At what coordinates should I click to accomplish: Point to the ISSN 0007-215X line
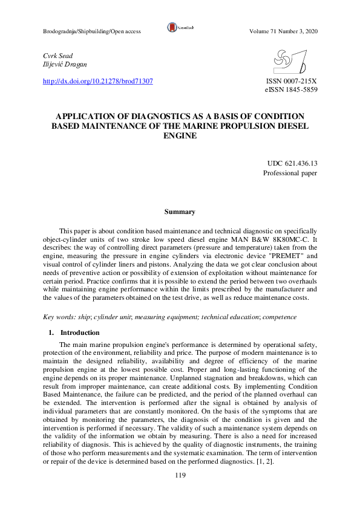(292, 80)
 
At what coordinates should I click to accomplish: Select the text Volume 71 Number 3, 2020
(283, 31)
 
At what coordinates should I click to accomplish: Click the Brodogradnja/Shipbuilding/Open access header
(92, 31)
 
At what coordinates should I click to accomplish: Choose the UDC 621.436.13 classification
(292, 164)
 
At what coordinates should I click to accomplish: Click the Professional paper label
(290, 173)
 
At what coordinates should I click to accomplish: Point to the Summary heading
(180, 212)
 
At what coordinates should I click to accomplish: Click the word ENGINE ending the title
(180, 137)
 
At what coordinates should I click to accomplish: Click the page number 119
(180, 476)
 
